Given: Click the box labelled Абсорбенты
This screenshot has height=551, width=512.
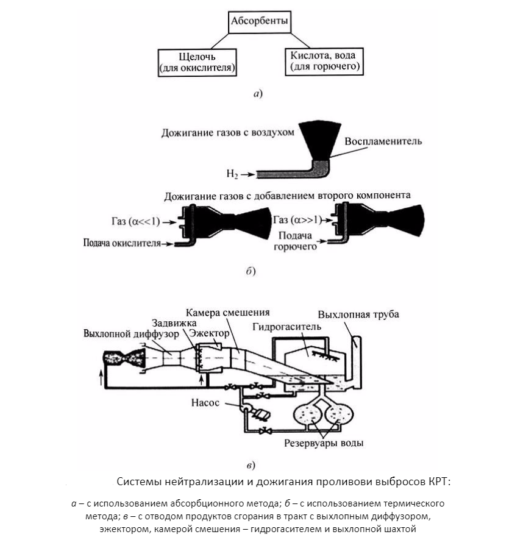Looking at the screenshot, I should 260,24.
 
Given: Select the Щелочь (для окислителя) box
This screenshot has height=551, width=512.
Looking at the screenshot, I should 196,62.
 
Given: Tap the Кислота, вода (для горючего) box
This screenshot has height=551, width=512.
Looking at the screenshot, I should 323,59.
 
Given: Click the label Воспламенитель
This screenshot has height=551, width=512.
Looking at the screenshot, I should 383,141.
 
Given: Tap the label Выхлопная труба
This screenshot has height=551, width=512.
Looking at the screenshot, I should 358,315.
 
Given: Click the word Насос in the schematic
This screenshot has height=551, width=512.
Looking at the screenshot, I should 208,403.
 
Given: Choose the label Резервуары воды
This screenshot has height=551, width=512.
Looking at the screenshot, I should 324,443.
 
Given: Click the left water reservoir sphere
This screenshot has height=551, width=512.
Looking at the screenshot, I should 308,414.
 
